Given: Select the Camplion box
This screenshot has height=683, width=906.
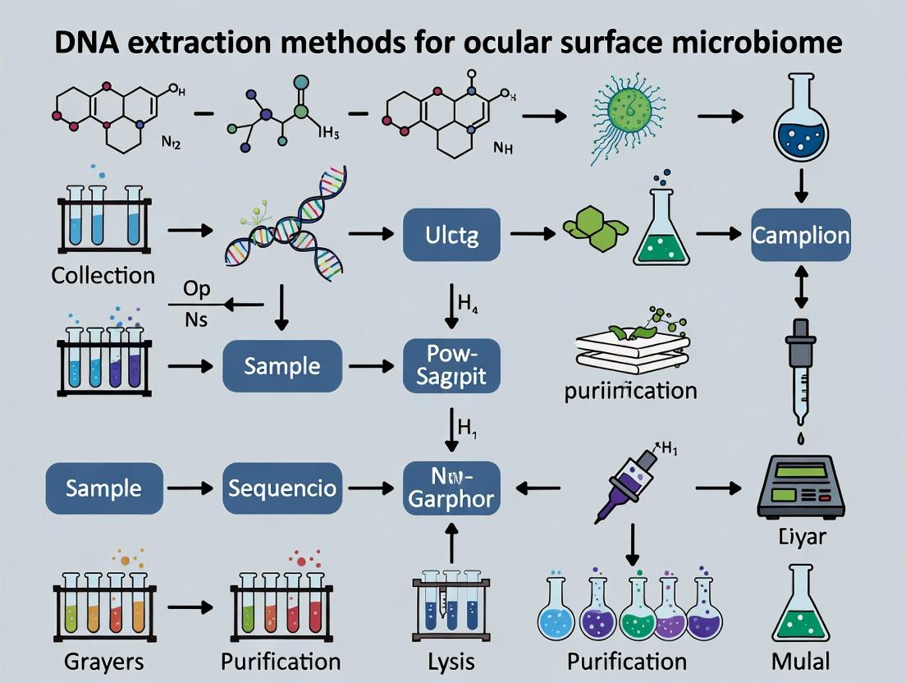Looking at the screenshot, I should [801, 235].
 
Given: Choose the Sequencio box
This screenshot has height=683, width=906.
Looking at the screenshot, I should [281, 488].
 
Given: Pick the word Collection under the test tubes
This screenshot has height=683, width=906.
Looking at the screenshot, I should [103, 275].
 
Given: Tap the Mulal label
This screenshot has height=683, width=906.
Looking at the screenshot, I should [801, 661].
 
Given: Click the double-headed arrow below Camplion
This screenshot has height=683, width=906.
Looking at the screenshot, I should [801, 290].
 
